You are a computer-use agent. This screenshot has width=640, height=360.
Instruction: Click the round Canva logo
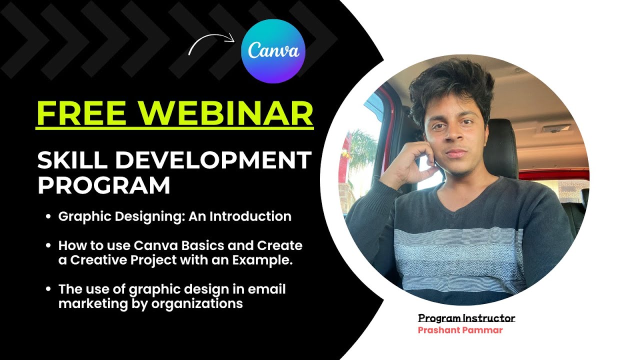point(273,51)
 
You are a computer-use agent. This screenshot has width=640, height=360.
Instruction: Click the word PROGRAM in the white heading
point(104,185)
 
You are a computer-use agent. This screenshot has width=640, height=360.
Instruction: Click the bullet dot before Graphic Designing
point(48,217)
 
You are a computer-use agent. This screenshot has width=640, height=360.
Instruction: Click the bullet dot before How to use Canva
point(48,246)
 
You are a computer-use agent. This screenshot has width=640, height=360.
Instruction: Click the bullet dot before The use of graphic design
point(48,290)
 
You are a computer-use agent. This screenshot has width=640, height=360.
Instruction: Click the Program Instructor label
point(466,318)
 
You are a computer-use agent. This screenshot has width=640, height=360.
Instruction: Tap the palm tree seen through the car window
point(360,150)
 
